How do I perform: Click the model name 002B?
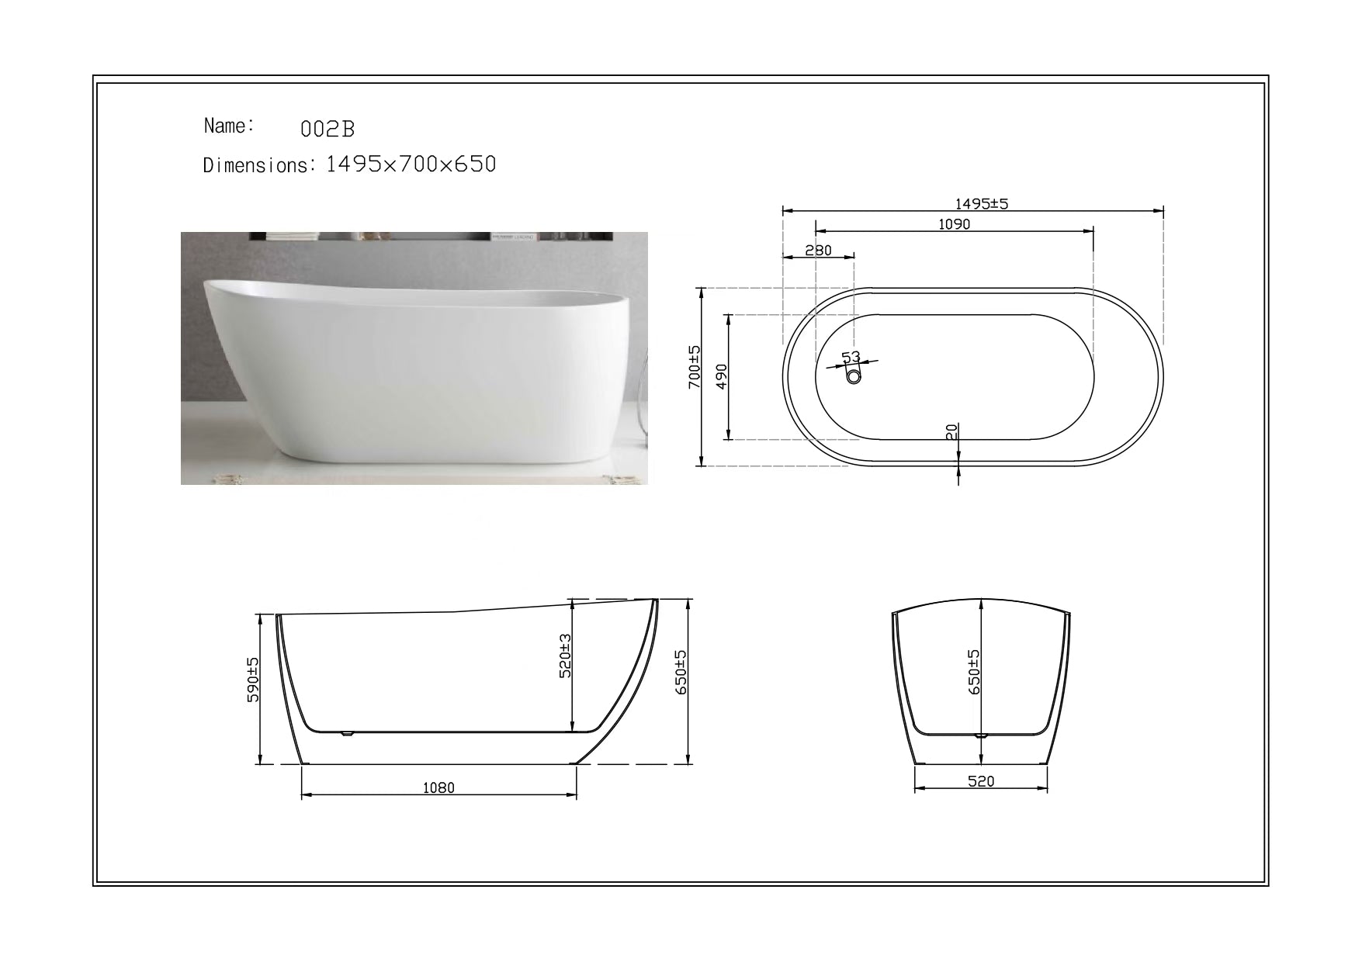click(x=327, y=130)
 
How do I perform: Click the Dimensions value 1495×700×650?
click(x=411, y=164)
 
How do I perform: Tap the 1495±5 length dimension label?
click(x=981, y=204)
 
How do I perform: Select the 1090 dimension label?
click(x=955, y=224)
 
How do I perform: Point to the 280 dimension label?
click(x=818, y=250)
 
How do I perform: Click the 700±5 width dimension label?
click(x=695, y=367)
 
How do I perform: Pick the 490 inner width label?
click(x=721, y=376)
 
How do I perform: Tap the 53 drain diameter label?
click(x=851, y=357)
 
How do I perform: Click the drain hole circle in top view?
click(x=854, y=377)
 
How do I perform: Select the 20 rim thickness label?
click(x=952, y=431)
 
